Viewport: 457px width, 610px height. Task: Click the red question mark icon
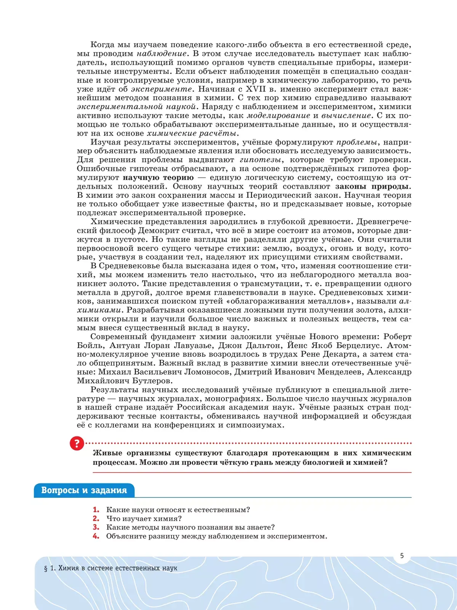pos(77,444)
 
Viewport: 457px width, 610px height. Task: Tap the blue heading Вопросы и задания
pos(84,490)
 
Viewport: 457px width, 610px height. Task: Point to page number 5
pos(402,556)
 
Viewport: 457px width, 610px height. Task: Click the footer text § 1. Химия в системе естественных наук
pos(111,568)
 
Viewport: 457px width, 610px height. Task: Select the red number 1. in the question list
pos(96,510)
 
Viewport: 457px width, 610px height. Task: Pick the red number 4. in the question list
pos(96,536)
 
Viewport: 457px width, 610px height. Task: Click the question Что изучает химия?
pos(144,518)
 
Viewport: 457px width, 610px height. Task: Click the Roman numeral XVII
pos(256,89)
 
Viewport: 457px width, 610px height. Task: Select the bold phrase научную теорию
pos(158,178)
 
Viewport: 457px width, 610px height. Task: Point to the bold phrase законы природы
pos(372,186)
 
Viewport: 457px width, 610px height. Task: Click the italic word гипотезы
pos(261,160)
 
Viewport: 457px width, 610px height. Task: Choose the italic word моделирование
pos(279,116)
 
